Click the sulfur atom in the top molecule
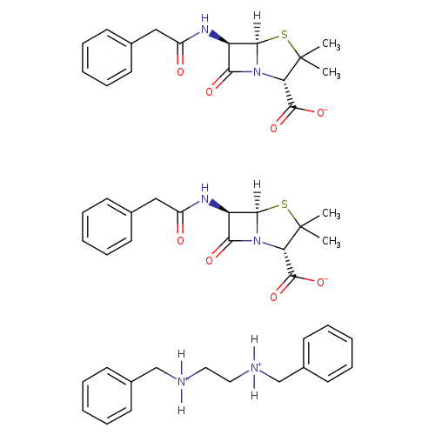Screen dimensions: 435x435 pyautogui.click(x=284, y=35)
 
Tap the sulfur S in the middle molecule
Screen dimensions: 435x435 pyautogui.click(x=284, y=204)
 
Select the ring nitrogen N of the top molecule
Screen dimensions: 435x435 pyautogui.click(x=257, y=72)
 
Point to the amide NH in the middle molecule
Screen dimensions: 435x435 pyautogui.click(x=204, y=193)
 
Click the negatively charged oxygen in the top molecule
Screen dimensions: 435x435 pyautogui.click(x=322, y=112)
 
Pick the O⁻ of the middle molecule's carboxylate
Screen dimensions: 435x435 pyautogui.click(x=322, y=282)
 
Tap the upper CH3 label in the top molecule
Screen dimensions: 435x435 pyautogui.click(x=331, y=44)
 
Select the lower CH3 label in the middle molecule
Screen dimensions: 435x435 pyautogui.click(x=331, y=241)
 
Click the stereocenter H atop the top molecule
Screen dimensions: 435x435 pyautogui.click(x=257, y=16)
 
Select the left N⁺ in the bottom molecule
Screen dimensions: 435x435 pyautogui.click(x=182, y=382)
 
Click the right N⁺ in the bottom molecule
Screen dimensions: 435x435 pyautogui.click(x=255, y=368)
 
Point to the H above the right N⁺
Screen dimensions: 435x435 pyautogui.click(x=254, y=339)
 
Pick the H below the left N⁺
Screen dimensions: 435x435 pyautogui.click(x=181, y=410)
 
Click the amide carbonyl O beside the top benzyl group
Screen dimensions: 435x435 pyautogui.click(x=180, y=71)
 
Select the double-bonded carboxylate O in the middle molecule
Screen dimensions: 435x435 pyautogui.click(x=273, y=298)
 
